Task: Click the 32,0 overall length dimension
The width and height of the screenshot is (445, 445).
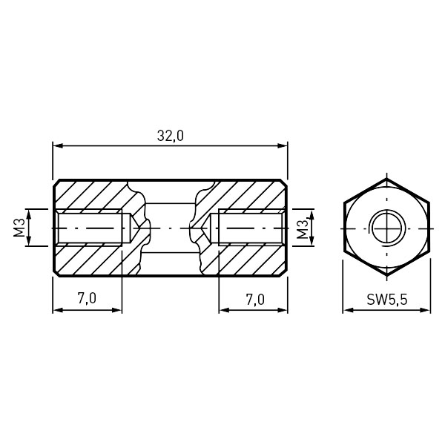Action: pyautogui.click(x=171, y=136)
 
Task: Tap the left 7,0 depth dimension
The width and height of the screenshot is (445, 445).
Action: pyautogui.click(x=87, y=298)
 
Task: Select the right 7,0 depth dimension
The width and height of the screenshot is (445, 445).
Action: pyautogui.click(x=254, y=300)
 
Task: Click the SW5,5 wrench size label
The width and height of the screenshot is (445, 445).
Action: pyautogui.click(x=387, y=299)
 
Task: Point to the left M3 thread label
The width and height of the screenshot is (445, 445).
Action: pyautogui.click(x=19, y=228)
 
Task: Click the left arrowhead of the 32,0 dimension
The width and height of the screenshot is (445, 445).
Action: pyautogui.click(x=58, y=146)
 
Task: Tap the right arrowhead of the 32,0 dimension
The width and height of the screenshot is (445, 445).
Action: pyautogui.click(x=283, y=146)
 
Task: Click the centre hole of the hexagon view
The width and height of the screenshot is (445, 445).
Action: pyautogui.click(x=386, y=228)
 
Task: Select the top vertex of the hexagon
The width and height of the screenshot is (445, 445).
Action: pyautogui.click(x=386, y=179)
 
